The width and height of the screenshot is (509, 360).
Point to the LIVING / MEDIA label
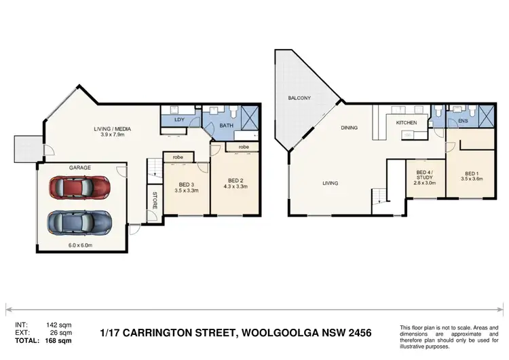pyautogui.click(x=112, y=128)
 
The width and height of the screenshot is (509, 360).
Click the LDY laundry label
pyautogui.click(x=180, y=120)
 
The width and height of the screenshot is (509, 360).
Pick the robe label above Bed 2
pyautogui.click(x=243, y=146)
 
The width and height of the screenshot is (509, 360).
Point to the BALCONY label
pyautogui.click(x=299, y=98)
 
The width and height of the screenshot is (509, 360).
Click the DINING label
pyautogui.click(x=350, y=127)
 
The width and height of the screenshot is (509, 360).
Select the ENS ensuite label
pyautogui.click(x=463, y=122)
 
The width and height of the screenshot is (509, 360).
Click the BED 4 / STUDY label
pyautogui.click(x=425, y=176)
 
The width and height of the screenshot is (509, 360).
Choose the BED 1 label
pyautogui.click(x=472, y=173)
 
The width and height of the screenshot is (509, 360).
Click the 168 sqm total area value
pyautogui.click(x=58, y=340)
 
